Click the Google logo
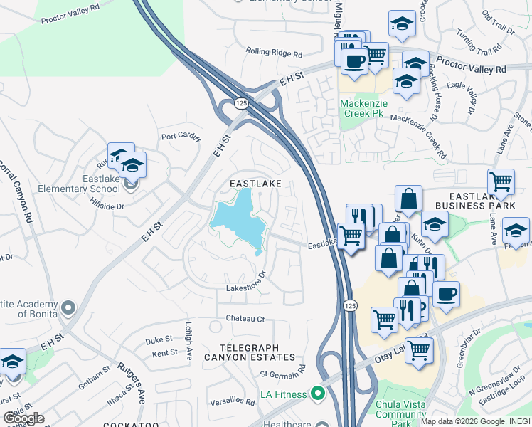click(23, 418)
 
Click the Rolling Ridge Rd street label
click(274, 52)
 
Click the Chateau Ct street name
click(245, 318)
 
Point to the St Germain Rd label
click(282, 373)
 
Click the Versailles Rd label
click(229, 401)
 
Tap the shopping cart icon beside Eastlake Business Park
click(501, 182)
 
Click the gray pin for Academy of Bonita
click(68, 308)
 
